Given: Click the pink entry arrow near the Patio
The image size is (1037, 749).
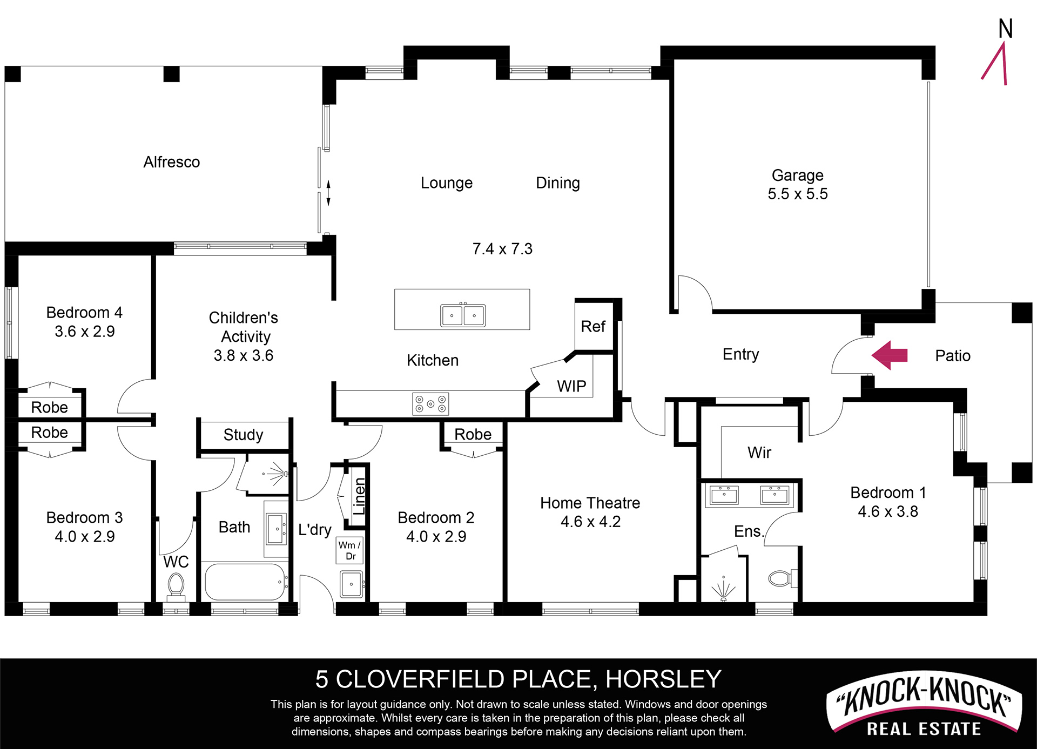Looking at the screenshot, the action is pos(889,355).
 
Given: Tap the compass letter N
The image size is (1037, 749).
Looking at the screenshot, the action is pos(1005,29).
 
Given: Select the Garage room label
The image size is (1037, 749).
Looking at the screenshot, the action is pos(798,175).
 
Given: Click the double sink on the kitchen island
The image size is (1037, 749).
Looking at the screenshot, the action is pos(463,315).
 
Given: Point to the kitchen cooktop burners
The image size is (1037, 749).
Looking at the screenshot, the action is pos(430,404).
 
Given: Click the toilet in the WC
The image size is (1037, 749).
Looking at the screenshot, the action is pos(176,586).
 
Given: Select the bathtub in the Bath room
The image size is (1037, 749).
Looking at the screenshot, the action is pos(246,582).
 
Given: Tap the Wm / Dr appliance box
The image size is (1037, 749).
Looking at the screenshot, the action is pos(350,550).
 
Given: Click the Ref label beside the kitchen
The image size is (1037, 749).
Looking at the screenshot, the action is pos(593,326).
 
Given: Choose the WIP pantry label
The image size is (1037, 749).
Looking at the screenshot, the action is pos(571,386).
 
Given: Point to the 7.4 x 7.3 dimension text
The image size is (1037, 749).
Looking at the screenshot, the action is pos(502,249).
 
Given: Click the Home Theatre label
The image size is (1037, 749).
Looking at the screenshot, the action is pos(590,503).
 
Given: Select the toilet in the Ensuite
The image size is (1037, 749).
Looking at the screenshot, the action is pos(782,578).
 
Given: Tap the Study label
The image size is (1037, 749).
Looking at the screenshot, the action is pos(243,435).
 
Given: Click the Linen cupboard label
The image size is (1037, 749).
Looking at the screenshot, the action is pos(359,496).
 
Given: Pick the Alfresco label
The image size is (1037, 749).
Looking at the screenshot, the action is pos(172,162).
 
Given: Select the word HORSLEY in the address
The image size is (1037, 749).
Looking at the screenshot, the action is pos(663,679).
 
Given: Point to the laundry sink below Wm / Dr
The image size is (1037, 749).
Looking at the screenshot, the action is pos(352,584).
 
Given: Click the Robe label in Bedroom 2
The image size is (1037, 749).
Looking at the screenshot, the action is pos(473,434).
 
